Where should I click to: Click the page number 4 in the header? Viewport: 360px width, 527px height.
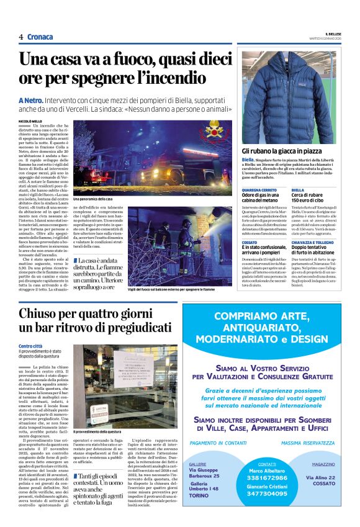tap(20, 37)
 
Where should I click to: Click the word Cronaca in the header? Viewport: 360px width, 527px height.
tap(40, 37)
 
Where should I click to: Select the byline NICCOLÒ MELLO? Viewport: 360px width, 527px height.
tap(31, 121)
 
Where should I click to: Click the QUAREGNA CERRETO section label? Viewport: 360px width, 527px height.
tap(259, 190)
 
